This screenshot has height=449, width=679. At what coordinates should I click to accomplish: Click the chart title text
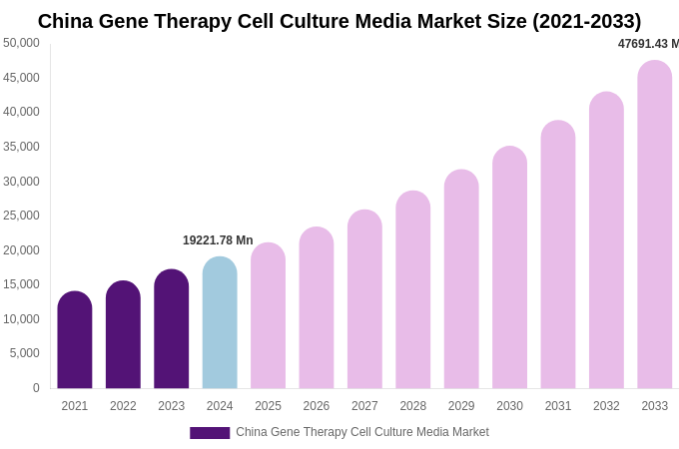(339, 21)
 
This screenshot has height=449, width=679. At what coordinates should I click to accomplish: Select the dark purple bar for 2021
(75, 341)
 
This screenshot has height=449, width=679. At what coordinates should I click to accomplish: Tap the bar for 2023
(172, 329)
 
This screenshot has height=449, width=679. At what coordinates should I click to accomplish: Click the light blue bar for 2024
(220, 323)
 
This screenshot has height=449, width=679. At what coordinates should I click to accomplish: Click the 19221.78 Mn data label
(218, 240)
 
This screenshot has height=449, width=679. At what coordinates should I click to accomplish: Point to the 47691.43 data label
(648, 44)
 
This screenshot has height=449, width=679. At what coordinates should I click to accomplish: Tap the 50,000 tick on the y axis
(22, 43)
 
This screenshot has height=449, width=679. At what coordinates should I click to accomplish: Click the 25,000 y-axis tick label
(22, 216)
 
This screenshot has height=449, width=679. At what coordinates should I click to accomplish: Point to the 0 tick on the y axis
(36, 388)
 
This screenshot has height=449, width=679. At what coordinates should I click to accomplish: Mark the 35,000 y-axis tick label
(22, 147)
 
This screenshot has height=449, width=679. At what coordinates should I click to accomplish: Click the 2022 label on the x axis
(123, 406)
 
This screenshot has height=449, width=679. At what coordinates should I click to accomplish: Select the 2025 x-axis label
(268, 406)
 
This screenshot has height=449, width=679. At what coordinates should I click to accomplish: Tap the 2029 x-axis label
(461, 406)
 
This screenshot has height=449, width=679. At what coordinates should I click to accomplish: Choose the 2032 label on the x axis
(606, 406)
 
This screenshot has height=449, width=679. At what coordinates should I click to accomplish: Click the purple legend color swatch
(210, 433)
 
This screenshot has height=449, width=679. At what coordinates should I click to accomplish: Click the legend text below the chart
(362, 432)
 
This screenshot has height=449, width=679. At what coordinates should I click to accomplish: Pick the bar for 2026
(317, 308)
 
